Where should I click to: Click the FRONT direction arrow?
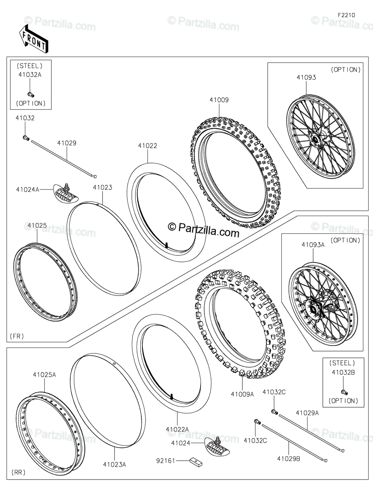(34, 38)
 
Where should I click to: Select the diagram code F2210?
(346, 15)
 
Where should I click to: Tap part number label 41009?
(219, 100)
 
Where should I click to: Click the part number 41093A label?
(313, 245)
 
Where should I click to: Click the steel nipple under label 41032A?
(30, 94)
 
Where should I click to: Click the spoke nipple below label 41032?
(26, 138)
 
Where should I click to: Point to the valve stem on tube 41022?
(166, 245)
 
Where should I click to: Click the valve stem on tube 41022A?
(172, 397)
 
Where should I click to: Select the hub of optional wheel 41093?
(315, 140)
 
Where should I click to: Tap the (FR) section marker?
(17, 336)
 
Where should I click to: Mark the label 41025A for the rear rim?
(44, 375)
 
